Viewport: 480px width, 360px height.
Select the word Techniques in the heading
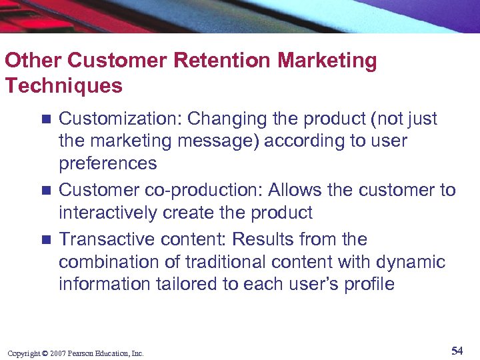coord(63,85)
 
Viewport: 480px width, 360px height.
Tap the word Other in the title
coord(33,61)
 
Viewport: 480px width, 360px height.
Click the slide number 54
coord(457,351)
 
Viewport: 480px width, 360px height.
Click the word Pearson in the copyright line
coord(81,353)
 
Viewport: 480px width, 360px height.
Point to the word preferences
coord(108,163)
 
